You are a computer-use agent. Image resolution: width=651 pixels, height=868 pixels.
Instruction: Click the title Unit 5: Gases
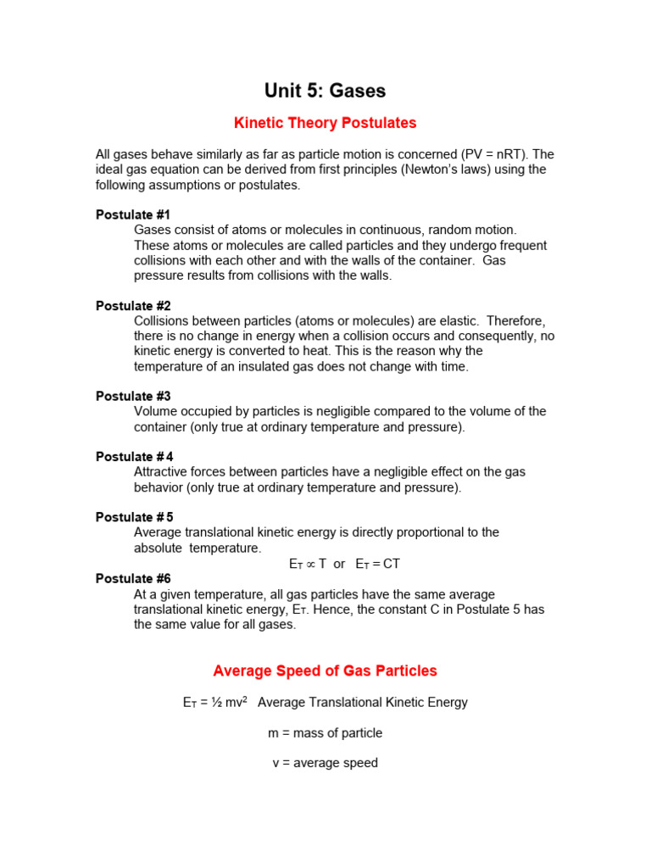(x=325, y=91)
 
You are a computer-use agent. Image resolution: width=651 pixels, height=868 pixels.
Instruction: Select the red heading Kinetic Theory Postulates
(x=325, y=123)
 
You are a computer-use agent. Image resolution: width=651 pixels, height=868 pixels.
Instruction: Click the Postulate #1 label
(x=133, y=215)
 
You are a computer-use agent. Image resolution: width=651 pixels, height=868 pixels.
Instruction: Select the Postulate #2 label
(x=133, y=306)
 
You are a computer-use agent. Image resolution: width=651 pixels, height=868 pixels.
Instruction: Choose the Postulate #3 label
(x=133, y=397)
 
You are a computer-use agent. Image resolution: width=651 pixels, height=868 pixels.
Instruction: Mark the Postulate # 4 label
(x=135, y=457)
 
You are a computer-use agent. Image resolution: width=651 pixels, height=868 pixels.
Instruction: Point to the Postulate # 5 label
(x=135, y=517)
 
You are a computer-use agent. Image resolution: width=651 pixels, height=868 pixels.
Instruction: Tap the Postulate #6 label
(x=133, y=579)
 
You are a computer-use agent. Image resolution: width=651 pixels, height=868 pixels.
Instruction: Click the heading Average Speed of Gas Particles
(x=325, y=670)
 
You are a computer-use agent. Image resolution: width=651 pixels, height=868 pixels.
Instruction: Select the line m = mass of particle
(x=325, y=732)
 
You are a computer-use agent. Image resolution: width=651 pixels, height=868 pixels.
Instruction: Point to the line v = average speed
(x=325, y=763)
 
